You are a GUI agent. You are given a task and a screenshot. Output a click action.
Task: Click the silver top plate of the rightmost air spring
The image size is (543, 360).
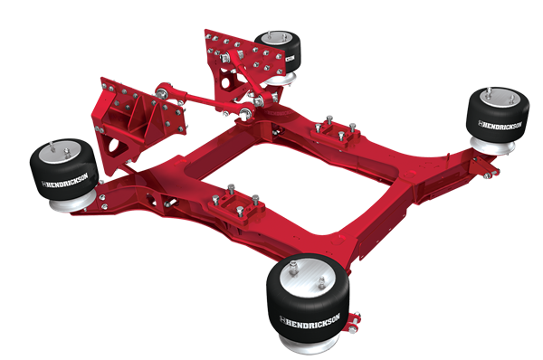coord(493,94)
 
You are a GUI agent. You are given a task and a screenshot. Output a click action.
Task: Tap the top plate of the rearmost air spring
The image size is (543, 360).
coord(276,37)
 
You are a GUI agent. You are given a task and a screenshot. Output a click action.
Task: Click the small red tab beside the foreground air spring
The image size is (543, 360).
coord(357,320)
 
